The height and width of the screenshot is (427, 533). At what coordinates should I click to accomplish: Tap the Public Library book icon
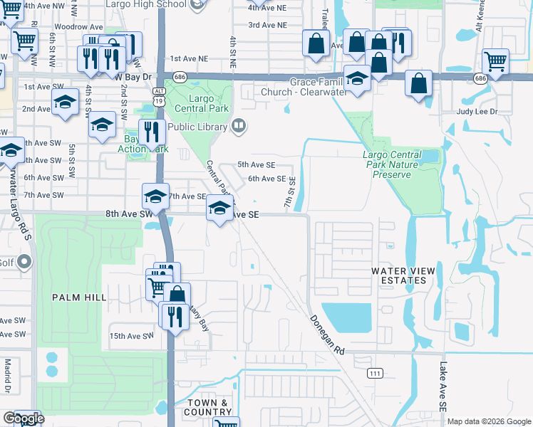point(239,127)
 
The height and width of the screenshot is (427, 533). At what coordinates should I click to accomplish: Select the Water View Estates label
point(398,275)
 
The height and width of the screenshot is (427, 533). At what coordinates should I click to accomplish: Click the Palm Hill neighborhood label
point(78,297)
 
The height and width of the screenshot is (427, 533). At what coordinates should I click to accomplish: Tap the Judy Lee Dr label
point(475,112)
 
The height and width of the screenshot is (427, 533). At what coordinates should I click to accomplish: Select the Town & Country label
point(208,407)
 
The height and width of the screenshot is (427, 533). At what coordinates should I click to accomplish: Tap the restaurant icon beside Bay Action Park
point(151,132)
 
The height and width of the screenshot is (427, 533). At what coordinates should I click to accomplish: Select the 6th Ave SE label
point(266,179)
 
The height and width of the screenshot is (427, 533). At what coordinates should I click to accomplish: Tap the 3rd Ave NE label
point(267,25)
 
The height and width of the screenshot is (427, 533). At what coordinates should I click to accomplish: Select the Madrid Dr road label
point(8,376)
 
